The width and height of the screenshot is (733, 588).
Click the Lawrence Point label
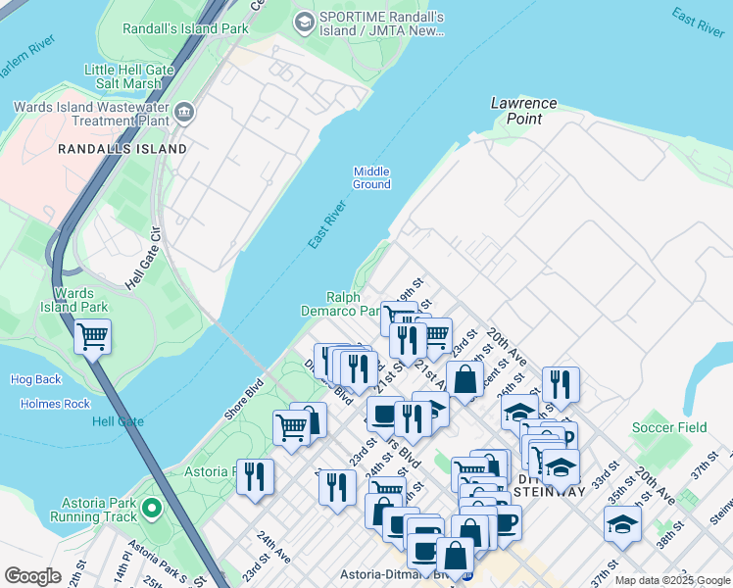[523, 111]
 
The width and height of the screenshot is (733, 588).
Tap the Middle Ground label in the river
[371, 177]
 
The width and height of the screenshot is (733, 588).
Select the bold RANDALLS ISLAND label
[122, 149]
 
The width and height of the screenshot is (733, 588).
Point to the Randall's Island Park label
[185, 28]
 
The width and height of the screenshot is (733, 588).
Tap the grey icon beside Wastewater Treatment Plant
[185, 116]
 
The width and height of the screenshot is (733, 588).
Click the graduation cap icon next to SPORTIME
[305, 20]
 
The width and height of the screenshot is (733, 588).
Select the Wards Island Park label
[80, 300]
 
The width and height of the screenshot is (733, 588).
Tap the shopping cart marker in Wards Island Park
[93, 338]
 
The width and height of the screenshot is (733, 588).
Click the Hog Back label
[35, 379]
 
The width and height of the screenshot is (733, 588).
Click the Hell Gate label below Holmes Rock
[118, 421]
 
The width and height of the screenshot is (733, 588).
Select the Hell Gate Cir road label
[143, 257]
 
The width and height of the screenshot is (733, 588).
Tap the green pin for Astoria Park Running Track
[151, 508]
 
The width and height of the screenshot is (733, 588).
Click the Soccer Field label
[669, 427]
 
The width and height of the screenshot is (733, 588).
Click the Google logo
[32, 576]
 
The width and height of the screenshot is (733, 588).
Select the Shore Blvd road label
[243, 400]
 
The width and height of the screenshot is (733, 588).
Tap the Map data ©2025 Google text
[672, 580]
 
